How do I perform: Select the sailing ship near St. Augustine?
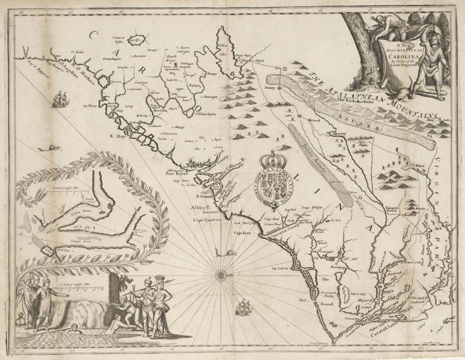(60, 98)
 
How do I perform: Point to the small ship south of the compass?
(243, 305)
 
